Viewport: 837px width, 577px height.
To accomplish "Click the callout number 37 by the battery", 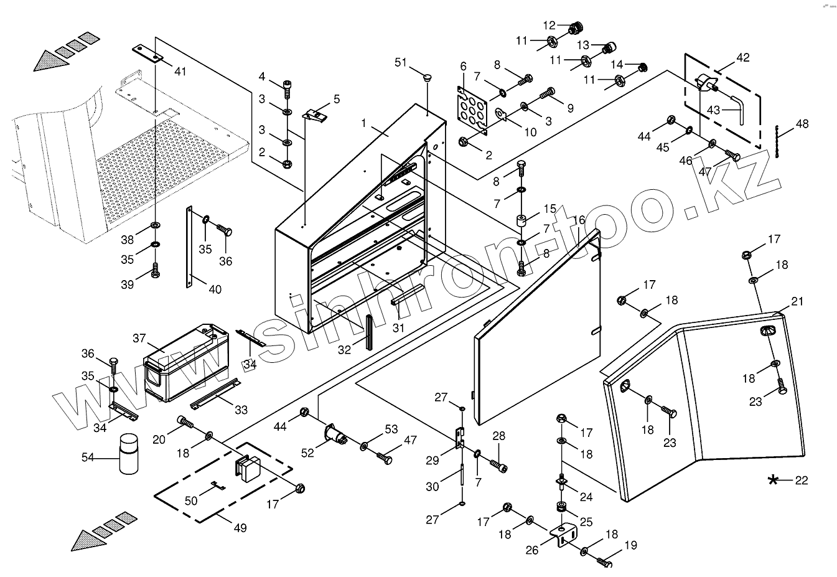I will (x=139, y=338).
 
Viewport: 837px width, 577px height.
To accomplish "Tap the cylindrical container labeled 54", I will (x=129, y=454).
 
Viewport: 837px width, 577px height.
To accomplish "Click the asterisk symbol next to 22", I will (x=773, y=479).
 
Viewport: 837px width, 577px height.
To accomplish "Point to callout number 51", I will (x=400, y=62).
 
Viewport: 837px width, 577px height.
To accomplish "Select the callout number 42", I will (x=742, y=58).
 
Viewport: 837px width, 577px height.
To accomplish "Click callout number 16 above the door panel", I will (x=579, y=220).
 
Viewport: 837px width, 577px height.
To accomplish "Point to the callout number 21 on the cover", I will (x=797, y=302).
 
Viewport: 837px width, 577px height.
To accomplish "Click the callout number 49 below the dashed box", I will (x=240, y=528).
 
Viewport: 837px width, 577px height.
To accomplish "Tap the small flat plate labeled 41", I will (x=147, y=54).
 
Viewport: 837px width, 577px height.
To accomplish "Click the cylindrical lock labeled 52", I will (x=337, y=434).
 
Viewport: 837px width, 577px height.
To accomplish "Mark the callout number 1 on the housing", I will (x=364, y=123).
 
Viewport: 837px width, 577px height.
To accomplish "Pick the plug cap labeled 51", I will (x=428, y=78).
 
